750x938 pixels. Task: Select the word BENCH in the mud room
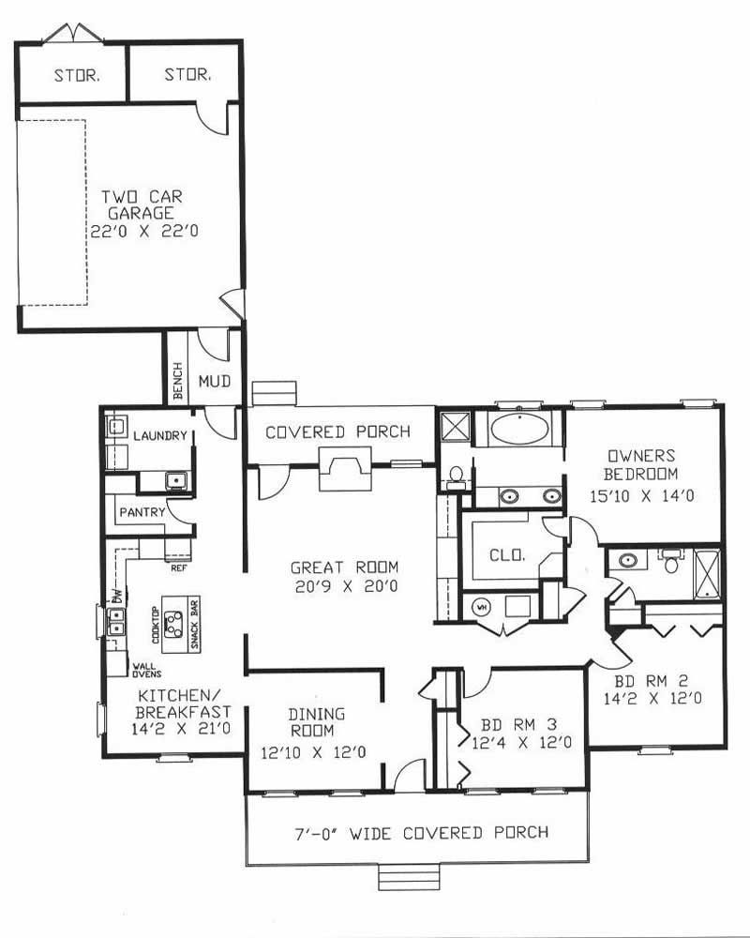coord(178,382)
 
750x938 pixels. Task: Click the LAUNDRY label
coord(161,436)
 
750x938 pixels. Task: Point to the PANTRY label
coord(142,512)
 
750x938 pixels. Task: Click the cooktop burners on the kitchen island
coord(173,620)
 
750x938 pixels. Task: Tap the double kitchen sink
coord(115,620)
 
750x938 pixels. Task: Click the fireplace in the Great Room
coord(345,468)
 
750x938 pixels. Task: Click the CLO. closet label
coord(506,554)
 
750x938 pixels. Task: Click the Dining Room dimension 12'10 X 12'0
coord(313,751)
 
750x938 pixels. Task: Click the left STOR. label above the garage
coord(75,74)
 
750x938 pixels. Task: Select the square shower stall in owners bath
coord(455,427)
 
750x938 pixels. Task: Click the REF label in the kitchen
coord(178,567)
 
